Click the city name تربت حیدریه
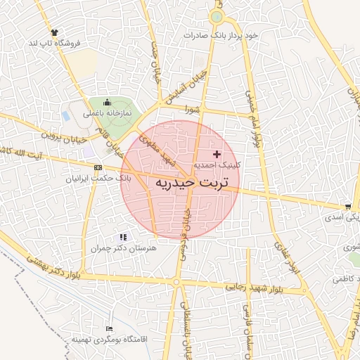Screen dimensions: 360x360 182,184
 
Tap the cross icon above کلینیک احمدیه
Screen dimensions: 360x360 217,153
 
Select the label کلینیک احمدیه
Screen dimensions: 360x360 217,164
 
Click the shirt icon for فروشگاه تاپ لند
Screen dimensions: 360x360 54,32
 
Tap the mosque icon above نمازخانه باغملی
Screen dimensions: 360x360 106,102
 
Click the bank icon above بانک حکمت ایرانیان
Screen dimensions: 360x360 97,167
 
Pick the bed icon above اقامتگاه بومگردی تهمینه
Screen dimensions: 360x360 108,328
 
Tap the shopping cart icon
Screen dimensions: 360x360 349,207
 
